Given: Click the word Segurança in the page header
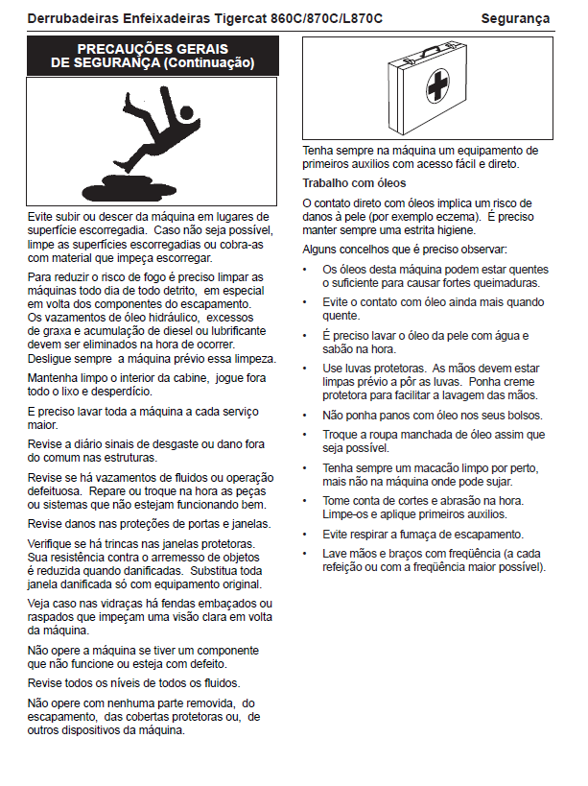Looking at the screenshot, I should (515, 18).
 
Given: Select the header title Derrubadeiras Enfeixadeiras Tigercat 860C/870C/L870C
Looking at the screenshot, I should (205, 18).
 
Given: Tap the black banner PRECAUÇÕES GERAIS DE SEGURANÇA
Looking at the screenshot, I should (153, 56).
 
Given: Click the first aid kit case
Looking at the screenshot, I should (426, 87).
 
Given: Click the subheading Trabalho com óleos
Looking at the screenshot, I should (354, 183).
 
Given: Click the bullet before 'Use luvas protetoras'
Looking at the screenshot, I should (305, 369).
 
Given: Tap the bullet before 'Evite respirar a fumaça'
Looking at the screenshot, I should (305, 534).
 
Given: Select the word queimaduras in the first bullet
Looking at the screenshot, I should (502, 283).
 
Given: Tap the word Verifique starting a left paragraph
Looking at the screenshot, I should (54, 544).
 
